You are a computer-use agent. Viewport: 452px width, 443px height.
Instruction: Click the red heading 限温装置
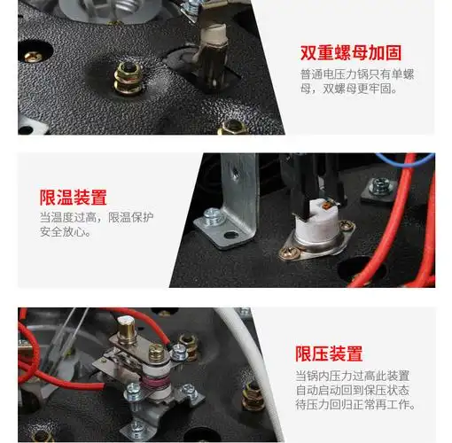73,197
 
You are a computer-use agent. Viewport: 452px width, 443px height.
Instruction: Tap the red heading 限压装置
329,354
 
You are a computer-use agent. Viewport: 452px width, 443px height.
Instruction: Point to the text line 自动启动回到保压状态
352,391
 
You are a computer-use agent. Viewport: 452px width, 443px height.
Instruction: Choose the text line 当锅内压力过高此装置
352,376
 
